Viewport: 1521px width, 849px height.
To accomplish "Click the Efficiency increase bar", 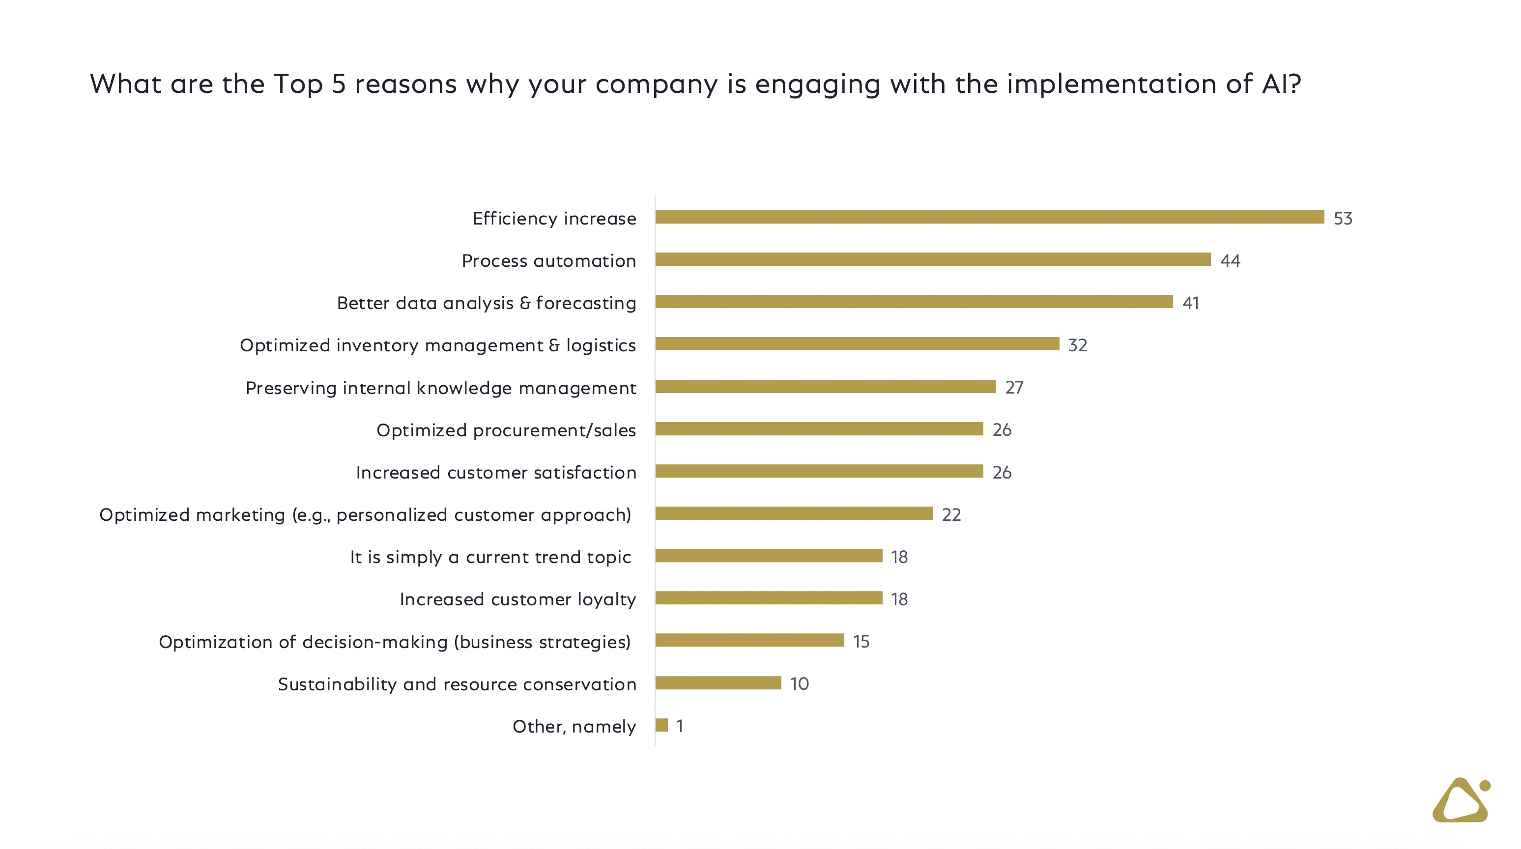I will coord(989,217).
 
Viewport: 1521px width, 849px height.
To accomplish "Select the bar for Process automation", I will coord(932,259).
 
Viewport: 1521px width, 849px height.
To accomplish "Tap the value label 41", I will coord(1190,303).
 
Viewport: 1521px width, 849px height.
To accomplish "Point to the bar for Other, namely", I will coord(661,725).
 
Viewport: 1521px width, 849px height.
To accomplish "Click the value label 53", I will coord(1343,219).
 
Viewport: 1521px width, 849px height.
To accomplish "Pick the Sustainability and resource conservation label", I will coord(457,684).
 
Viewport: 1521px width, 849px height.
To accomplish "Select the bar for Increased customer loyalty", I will coord(768,598).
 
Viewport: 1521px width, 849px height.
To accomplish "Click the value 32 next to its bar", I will coord(1078,345).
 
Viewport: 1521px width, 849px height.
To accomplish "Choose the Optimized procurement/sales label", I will coord(506,430).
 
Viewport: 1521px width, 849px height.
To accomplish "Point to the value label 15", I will coord(861,642).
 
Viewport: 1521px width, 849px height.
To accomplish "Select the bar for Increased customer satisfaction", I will coord(819,471).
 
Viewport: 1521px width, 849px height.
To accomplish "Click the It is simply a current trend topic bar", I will coord(768,556).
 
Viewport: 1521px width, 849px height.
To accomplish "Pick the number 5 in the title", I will coord(338,84).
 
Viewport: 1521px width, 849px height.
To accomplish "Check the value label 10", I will coord(800,684).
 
